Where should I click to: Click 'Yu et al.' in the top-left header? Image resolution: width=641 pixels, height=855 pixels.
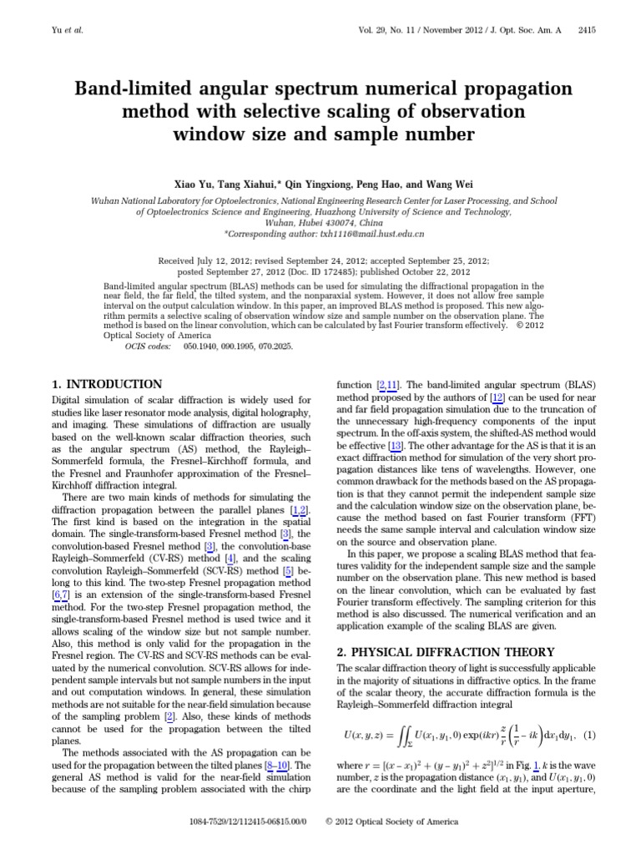(68, 30)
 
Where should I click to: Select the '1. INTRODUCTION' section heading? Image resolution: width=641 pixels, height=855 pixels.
(107, 384)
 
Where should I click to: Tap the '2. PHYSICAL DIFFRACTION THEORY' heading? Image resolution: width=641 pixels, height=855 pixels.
(431, 650)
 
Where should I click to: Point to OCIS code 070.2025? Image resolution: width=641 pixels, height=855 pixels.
(279, 344)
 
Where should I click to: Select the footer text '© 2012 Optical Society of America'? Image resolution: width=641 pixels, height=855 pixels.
(391, 822)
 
